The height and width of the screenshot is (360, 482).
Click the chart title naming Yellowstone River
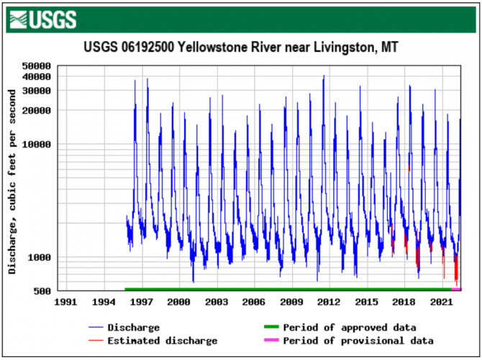(240, 48)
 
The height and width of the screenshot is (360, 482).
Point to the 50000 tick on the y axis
(36, 66)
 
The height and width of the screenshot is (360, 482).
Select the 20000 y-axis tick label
(36, 110)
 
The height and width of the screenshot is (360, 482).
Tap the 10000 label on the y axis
(36, 144)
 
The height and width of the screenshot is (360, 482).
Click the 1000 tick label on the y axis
(39, 258)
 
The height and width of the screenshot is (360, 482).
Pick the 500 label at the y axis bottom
(42, 291)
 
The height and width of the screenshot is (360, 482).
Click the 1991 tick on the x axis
(66, 303)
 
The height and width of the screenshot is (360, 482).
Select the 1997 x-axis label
(141, 303)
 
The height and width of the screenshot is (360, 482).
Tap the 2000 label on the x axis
(178, 303)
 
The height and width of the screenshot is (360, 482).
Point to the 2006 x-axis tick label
(254, 303)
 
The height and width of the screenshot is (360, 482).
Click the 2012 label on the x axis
(329, 303)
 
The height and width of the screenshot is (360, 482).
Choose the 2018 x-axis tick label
(404, 303)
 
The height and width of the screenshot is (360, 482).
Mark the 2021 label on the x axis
(442, 303)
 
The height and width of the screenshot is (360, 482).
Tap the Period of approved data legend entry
(349, 328)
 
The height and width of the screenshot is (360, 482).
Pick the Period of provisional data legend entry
(358, 341)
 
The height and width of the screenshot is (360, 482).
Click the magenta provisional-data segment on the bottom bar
(456, 289)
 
